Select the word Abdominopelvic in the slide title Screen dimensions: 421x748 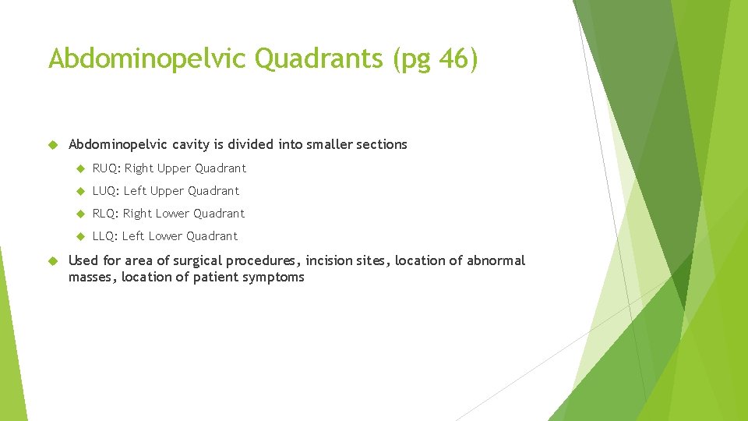[x=148, y=59]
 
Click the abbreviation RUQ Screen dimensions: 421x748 [x=105, y=168]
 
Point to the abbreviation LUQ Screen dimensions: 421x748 [x=105, y=191]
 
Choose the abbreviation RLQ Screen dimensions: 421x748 [x=105, y=214]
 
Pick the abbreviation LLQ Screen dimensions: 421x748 [x=104, y=236]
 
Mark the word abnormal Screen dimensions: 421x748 [x=496, y=260]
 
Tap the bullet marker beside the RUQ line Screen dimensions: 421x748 [x=79, y=168]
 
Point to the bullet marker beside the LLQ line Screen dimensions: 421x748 [x=79, y=236]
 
